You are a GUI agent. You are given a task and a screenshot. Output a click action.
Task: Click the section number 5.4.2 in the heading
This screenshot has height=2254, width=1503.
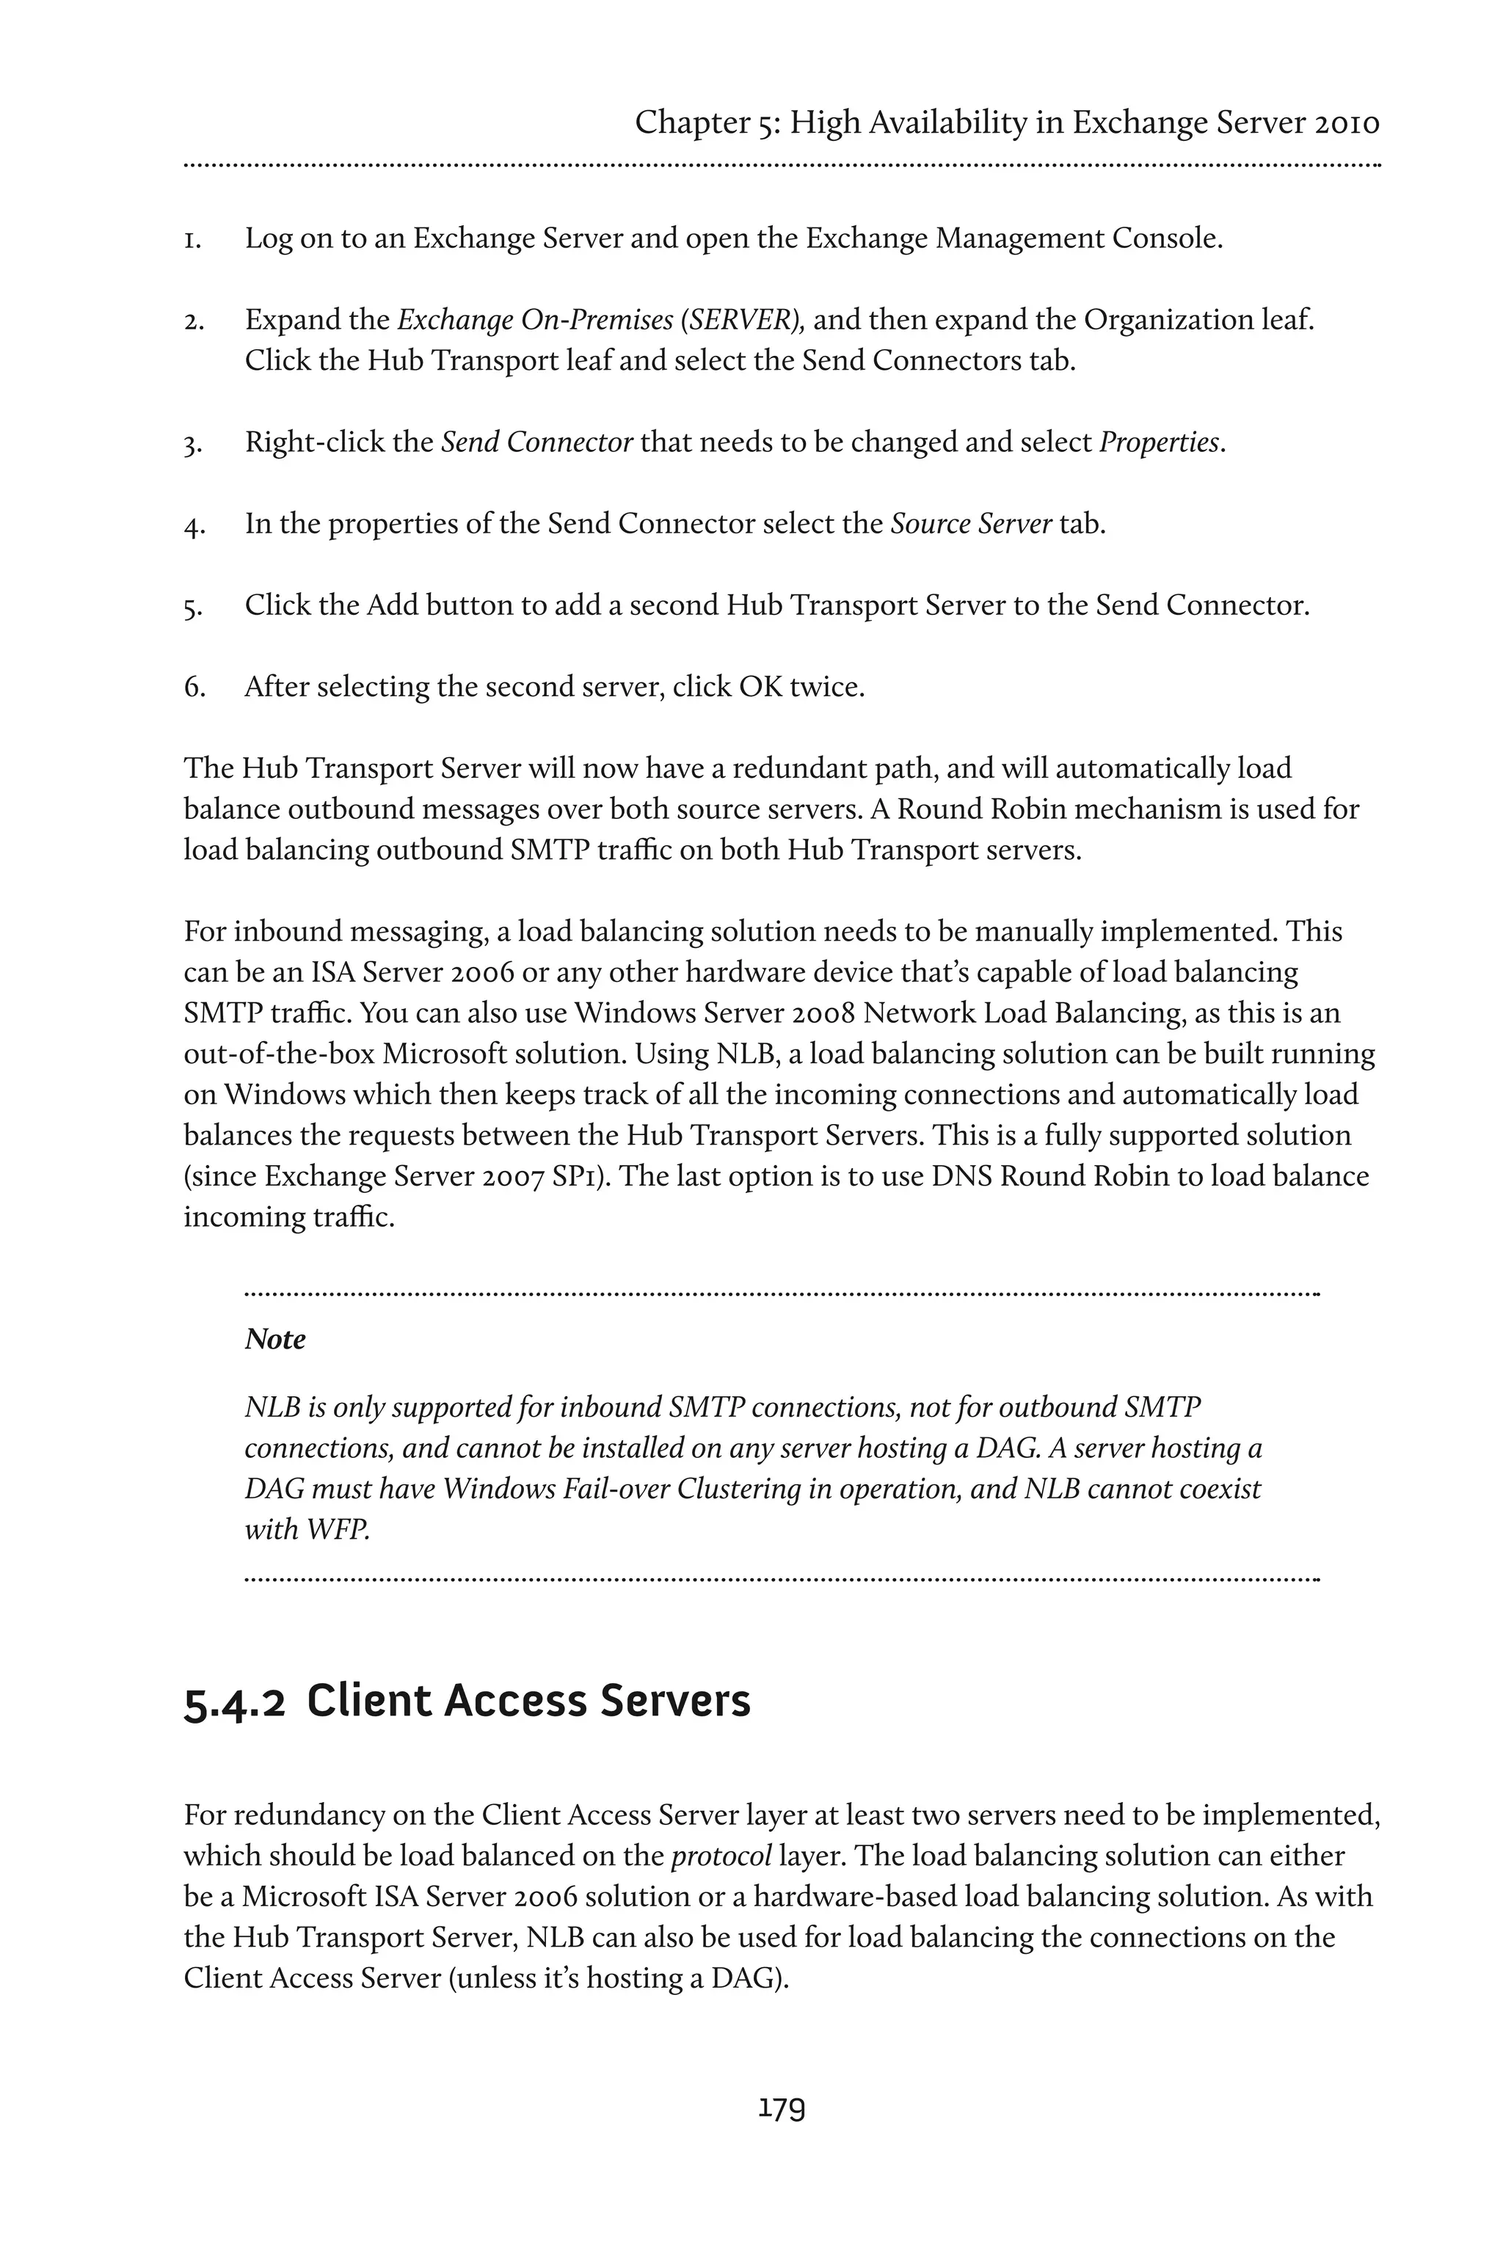coord(234,1702)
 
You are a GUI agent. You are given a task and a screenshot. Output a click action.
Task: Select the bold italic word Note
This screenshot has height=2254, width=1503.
coord(275,1339)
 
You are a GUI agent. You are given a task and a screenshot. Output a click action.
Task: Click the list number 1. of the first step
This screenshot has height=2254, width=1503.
coord(193,238)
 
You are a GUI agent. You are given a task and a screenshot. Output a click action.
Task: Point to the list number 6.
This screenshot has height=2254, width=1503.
coord(194,687)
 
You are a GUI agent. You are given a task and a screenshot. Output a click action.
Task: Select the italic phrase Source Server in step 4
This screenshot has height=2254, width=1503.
coord(971,523)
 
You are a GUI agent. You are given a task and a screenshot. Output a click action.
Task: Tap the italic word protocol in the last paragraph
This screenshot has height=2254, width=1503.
coord(721,1856)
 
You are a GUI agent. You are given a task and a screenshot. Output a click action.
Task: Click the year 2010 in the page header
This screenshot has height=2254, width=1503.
coord(1347,123)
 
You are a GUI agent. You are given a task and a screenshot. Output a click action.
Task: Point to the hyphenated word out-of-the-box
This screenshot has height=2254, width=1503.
coord(278,1054)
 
